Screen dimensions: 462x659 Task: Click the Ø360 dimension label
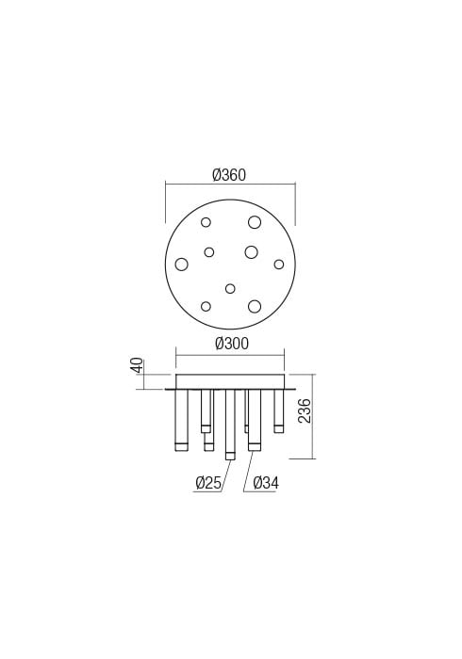(x=229, y=174)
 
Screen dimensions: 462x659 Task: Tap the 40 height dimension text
(x=138, y=365)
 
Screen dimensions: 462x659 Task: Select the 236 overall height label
(x=305, y=410)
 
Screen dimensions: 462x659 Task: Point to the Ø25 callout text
(x=208, y=483)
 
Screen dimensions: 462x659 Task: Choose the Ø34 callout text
(x=266, y=483)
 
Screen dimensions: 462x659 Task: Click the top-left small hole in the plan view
(x=206, y=222)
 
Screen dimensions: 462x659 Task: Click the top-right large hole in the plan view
(x=255, y=222)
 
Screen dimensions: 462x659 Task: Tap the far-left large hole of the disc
(x=181, y=265)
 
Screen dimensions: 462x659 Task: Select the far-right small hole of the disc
(x=278, y=265)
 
